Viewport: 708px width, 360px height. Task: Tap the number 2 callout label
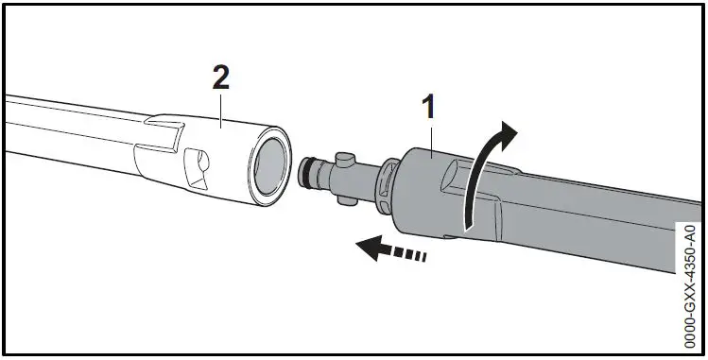[x=220, y=78]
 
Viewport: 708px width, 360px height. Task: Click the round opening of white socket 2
[x=269, y=165]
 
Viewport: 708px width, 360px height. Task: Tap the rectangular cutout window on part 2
[x=198, y=167]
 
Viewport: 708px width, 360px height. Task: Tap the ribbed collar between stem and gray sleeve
[x=385, y=181]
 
